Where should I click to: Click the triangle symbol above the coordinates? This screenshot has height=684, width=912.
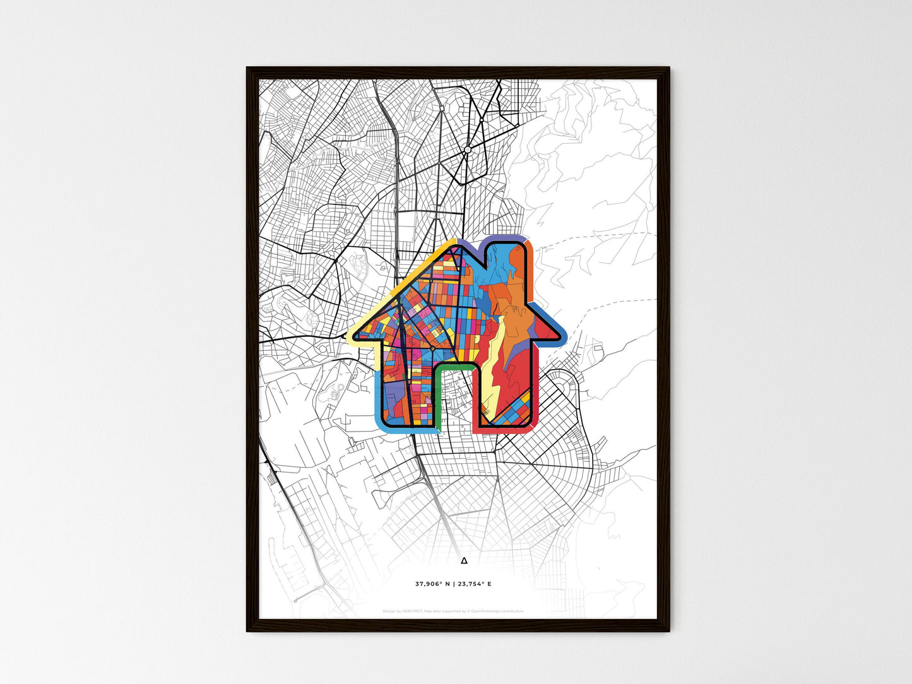tap(464, 560)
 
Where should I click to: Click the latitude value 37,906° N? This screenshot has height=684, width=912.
tap(432, 584)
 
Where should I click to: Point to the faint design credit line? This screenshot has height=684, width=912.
tap(453, 611)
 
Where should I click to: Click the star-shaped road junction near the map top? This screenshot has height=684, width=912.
tap(467, 150)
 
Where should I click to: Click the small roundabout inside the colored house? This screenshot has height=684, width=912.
tap(432, 347)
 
